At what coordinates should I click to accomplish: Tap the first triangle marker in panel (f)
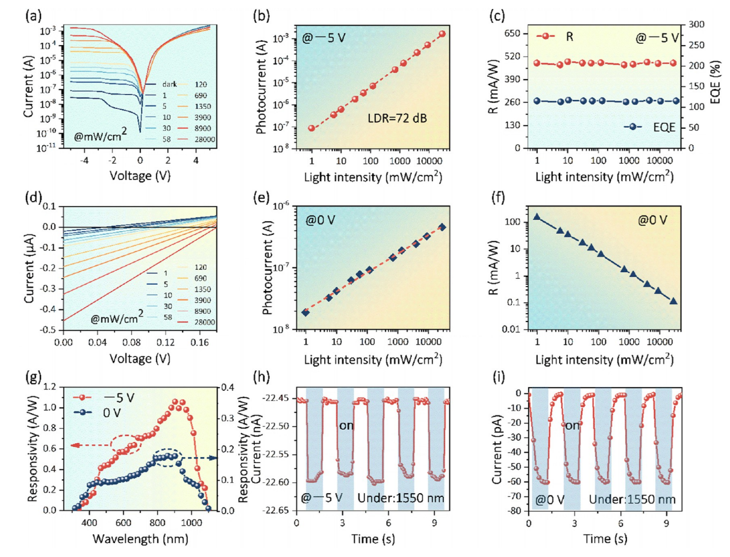pos(537,217)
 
